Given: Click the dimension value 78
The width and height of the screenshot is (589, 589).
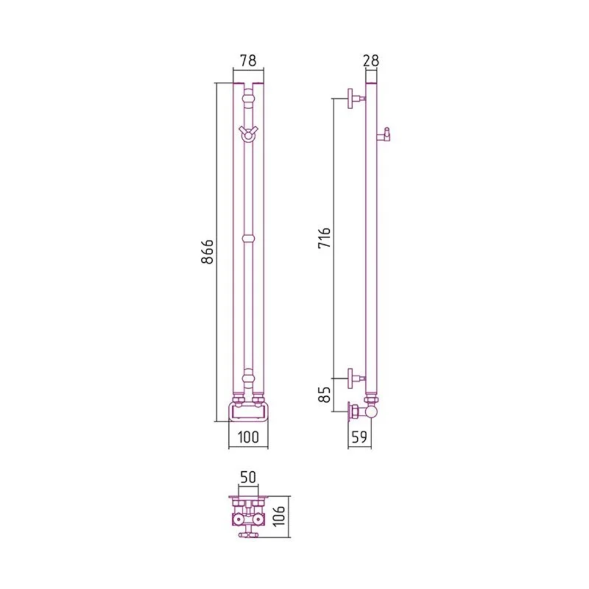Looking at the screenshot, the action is tap(248, 61).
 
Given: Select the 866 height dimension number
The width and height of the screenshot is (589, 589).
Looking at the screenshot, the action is tap(207, 252).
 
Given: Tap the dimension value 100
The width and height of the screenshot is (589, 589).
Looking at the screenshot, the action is tap(248, 437).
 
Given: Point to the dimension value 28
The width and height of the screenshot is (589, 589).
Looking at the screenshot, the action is tap(371, 61).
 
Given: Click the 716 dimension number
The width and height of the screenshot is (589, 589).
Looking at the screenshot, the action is tap(324, 237).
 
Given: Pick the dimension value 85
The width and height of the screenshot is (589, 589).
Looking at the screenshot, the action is tap(324, 395).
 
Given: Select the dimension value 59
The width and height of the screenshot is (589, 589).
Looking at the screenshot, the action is tap(360, 437).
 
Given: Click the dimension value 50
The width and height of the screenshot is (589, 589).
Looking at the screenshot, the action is tap(248, 477).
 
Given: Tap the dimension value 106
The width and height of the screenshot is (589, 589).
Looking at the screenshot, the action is tap(280, 516).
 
